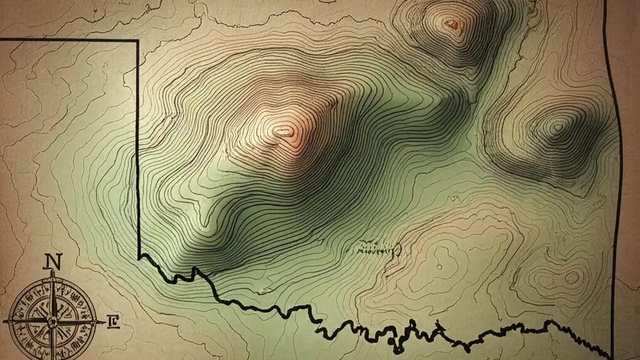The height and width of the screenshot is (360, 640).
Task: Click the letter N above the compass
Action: click(x=53, y=260)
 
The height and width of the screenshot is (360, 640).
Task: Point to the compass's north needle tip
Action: click(x=52, y=272)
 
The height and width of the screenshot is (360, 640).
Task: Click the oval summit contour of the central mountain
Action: click(x=283, y=132)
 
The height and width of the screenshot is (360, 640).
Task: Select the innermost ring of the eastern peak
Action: click(x=558, y=127)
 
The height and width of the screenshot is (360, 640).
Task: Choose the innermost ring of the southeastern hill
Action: click(x=571, y=276)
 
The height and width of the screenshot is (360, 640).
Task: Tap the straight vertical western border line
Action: click(x=138, y=150)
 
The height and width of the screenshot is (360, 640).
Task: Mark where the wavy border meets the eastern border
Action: click(x=611, y=356)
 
